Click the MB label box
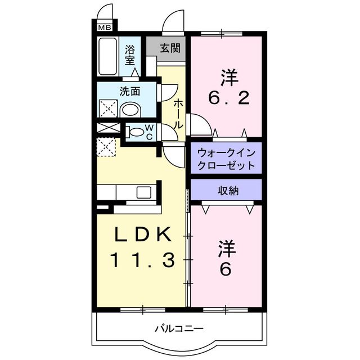pos(105,26)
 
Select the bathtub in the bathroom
pos(107,56)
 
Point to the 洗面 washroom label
pos(129,91)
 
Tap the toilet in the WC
pos(135,132)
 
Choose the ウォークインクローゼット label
pos(226,160)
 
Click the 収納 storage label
pos(228,191)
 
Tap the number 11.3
pos(141,260)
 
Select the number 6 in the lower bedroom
pos(225,270)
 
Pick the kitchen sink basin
pos(142,192)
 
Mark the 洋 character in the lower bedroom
pos(226,247)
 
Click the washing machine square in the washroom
pos(107,108)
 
